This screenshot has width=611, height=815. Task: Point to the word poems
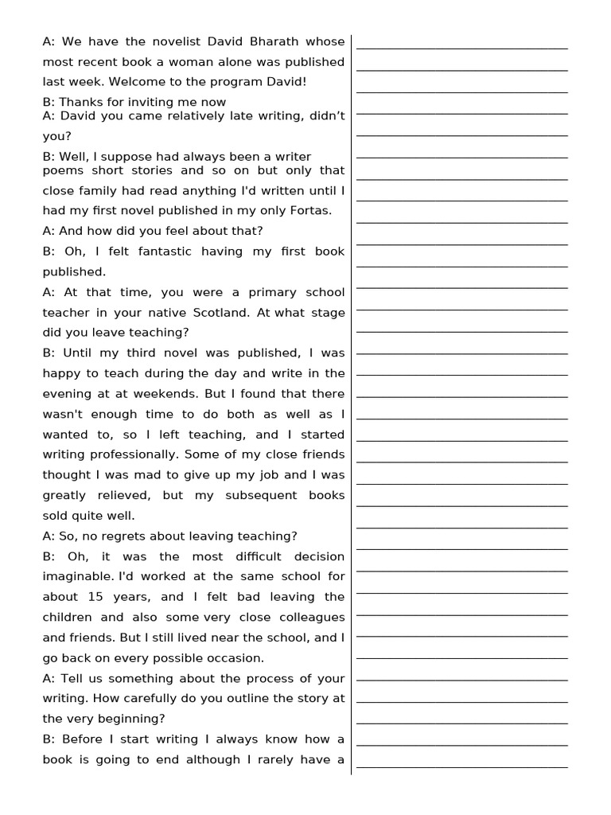[62, 170]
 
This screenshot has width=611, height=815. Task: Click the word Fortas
[309, 211]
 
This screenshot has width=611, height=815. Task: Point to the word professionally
[125, 454]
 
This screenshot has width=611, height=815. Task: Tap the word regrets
[137, 536]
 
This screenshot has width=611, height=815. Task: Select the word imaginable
[79, 576]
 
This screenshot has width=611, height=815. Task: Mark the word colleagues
[306, 618]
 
